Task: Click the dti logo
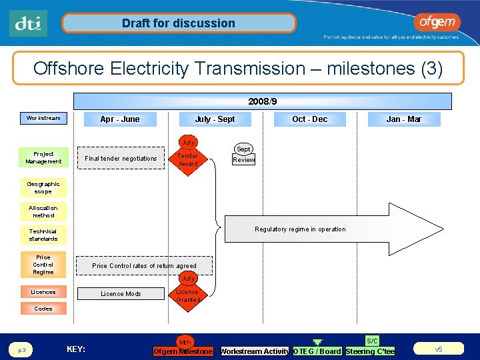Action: click(29, 23)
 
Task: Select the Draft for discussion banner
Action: click(179, 23)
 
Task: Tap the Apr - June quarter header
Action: click(120, 119)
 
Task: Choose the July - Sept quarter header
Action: click(215, 119)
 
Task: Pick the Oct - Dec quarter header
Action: click(310, 119)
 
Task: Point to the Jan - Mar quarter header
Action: click(404, 119)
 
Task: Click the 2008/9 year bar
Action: click(262, 101)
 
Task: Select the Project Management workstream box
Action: click(43, 157)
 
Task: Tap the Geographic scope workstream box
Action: click(43, 187)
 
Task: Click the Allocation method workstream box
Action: click(43, 211)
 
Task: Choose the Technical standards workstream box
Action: click(43, 235)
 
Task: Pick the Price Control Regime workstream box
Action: click(43, 264)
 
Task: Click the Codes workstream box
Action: click(43, 309)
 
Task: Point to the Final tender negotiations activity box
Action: click(121, 158)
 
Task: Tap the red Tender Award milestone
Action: click(189, 157)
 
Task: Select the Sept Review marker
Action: click(243, 155)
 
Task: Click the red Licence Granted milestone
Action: click(188, 293)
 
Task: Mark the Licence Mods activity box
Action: click(121, 293)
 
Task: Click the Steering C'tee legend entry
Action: click(370, 351)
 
